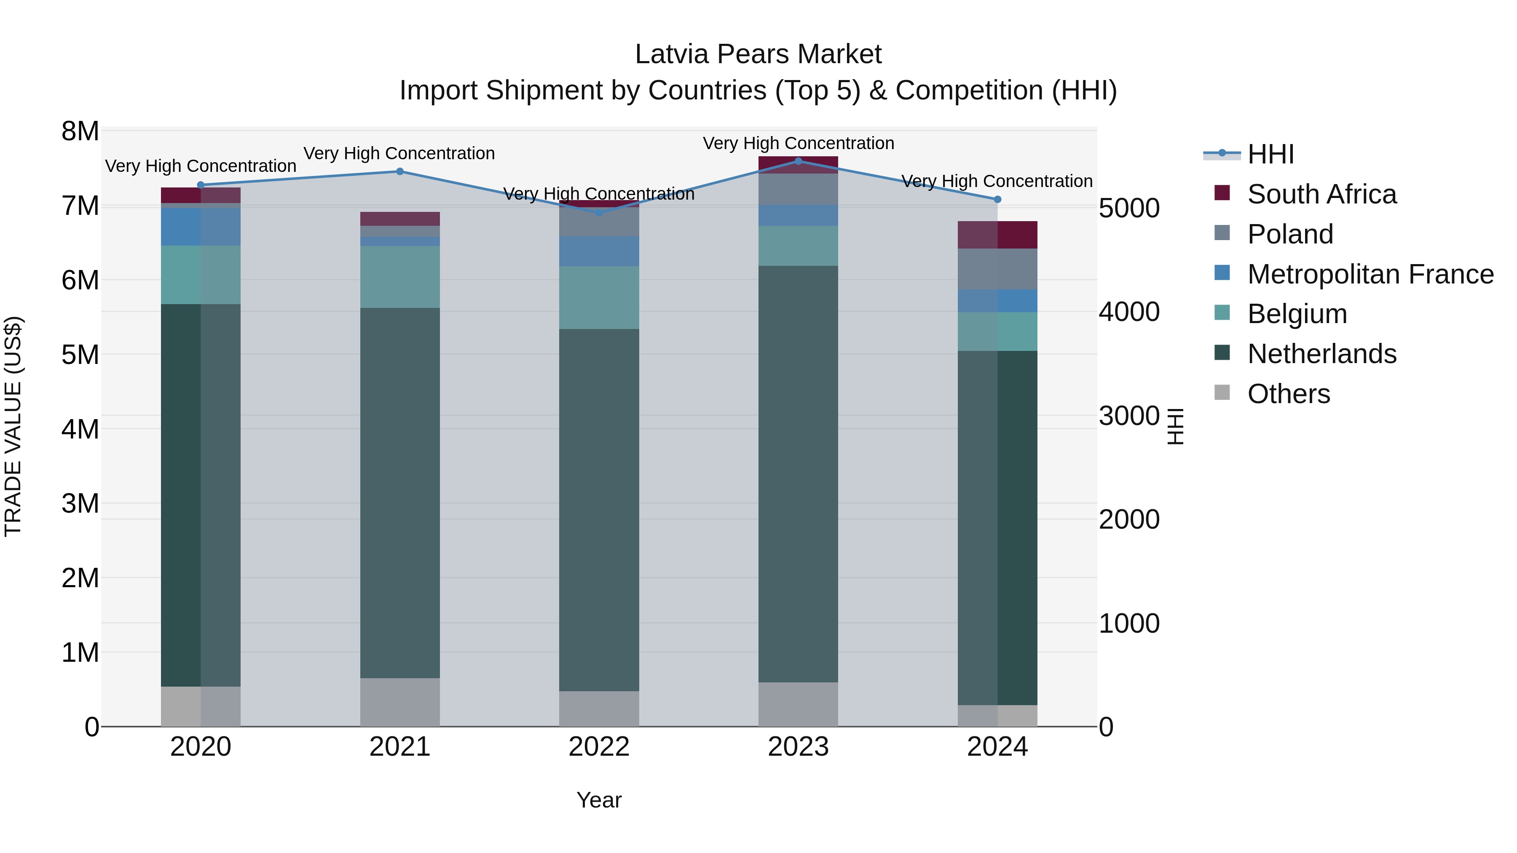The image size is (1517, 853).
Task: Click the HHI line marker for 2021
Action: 400,171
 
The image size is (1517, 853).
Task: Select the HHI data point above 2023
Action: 798,161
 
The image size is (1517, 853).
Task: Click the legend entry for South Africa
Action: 1321,194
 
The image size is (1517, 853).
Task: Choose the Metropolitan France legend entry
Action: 1370,274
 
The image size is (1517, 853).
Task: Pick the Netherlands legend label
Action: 1321,354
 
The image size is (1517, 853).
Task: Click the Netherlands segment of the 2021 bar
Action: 400,493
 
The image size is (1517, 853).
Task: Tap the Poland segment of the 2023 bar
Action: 798,189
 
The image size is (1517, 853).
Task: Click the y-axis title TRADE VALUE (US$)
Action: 13,426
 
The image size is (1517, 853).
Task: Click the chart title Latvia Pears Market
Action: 758,54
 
